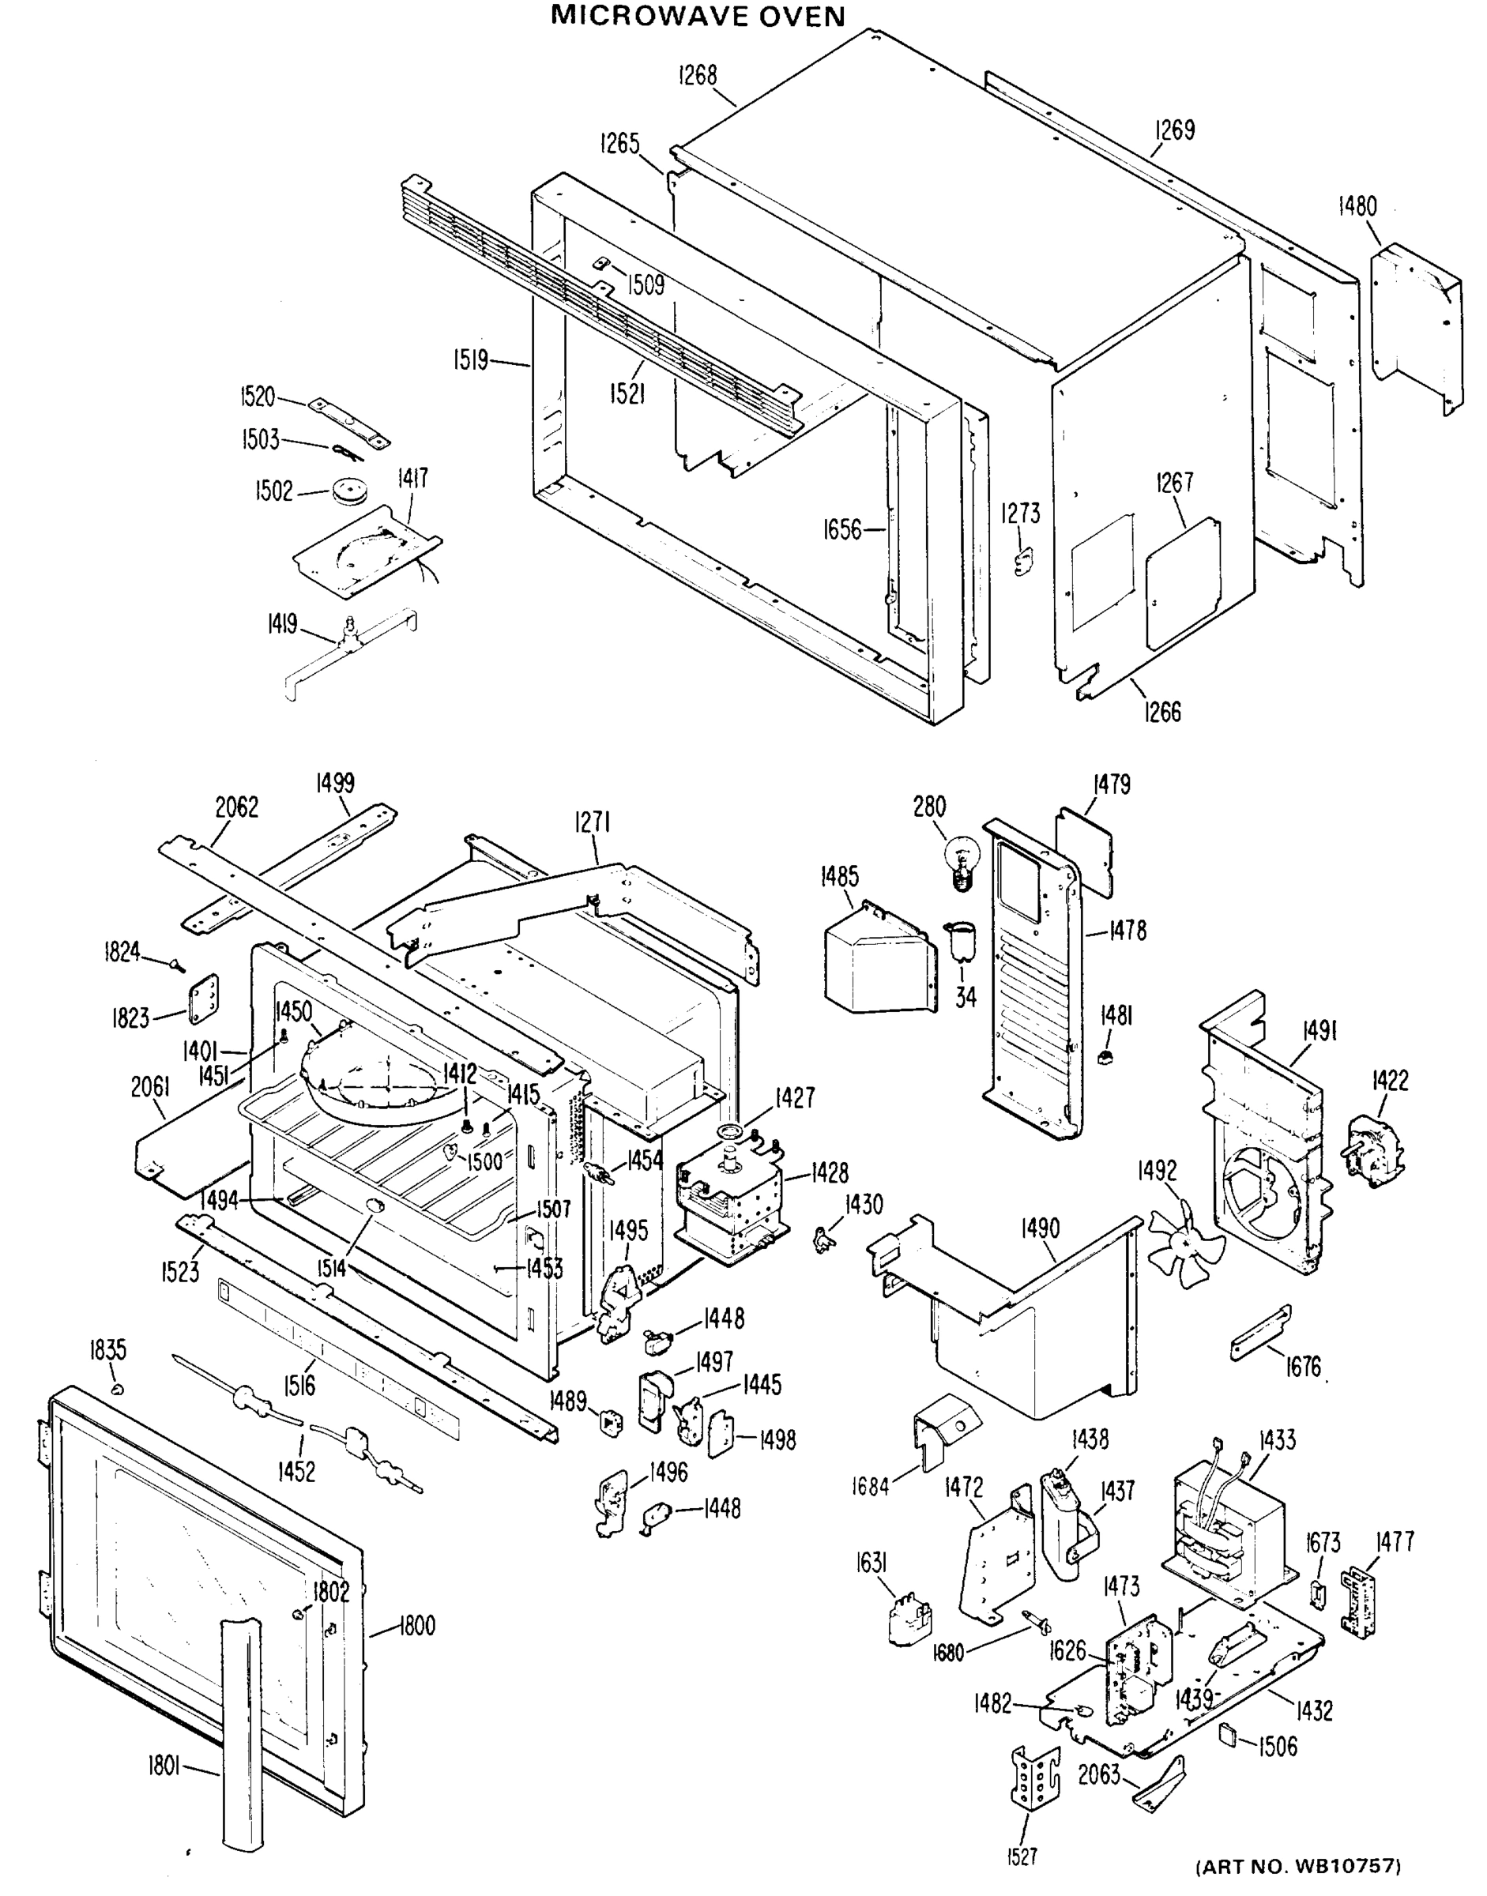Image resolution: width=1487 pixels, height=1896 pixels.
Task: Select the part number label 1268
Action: coord(698,77)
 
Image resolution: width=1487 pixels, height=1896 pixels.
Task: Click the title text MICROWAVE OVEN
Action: coord(698,16)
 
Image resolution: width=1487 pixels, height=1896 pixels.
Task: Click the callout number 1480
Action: coord(1357,206)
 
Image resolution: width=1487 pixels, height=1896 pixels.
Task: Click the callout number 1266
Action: coord(1163,711)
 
